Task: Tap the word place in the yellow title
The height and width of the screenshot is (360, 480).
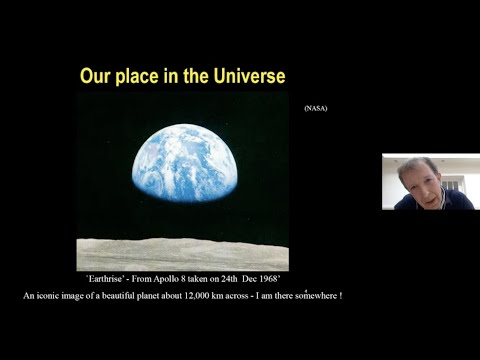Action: [148, 77]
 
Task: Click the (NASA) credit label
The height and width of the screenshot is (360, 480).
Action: [314, 107]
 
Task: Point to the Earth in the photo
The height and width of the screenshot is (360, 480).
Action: [211, 165]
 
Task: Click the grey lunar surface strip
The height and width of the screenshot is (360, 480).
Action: [182, 254]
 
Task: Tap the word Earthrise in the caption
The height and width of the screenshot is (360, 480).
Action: [110, 281]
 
